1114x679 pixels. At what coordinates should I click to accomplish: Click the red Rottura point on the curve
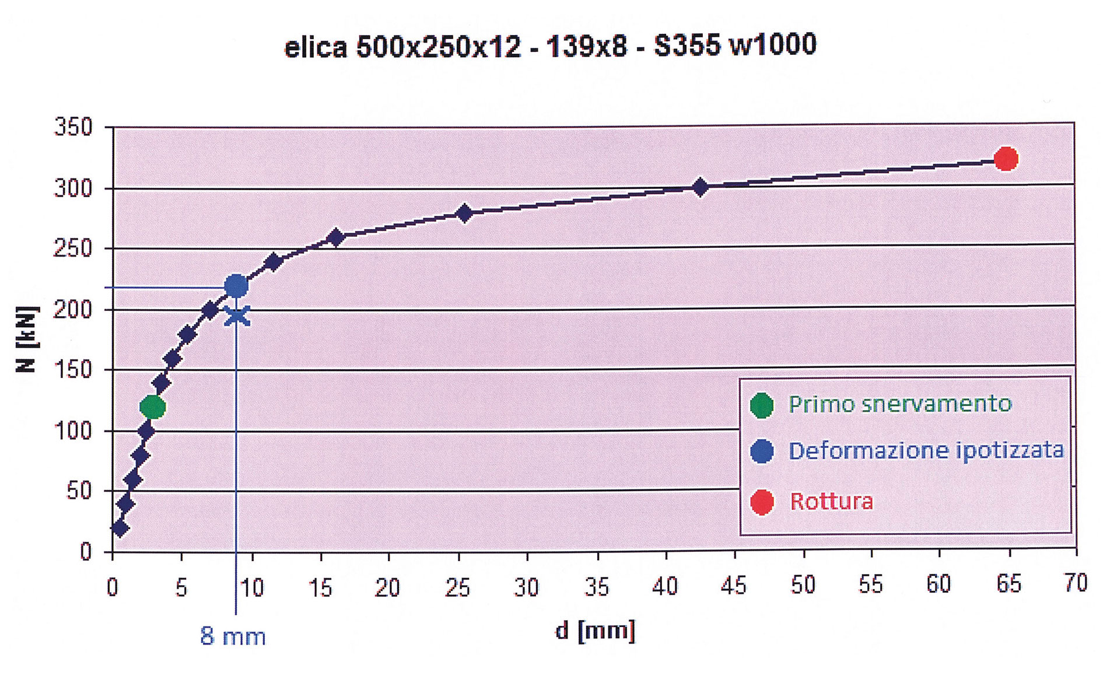click(1006, 159)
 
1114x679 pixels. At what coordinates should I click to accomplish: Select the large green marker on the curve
click(153, 407)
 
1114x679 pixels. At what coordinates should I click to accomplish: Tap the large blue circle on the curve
click(236, 286)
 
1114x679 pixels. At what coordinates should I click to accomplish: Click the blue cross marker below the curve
click(237, 316)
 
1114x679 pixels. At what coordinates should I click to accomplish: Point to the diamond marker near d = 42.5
click(700, 187)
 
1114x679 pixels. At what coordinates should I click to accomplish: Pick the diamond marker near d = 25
click(464, 213)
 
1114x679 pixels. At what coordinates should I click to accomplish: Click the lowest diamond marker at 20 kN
click(120, 528)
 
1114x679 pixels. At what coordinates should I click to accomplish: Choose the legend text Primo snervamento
click(899, 404)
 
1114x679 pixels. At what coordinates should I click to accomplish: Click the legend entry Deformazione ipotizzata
click(926, 450)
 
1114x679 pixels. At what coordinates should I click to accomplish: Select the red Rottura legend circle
click(762, 502)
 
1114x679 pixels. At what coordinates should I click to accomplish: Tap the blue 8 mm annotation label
click(233, 636)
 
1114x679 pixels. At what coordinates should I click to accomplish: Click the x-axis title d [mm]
click(595, 631)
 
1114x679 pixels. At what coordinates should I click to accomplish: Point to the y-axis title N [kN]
click(27, 339)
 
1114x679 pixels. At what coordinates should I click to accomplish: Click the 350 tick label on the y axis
click(73, 127)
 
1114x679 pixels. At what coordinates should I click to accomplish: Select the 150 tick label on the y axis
click(73, 369)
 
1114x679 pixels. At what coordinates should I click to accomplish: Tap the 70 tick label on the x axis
click(1075, 583)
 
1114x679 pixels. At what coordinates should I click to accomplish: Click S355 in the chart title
click(687, 45)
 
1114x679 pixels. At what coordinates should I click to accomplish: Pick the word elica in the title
click(316, 47)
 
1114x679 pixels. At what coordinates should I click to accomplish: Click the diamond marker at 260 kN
click(336, 237)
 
